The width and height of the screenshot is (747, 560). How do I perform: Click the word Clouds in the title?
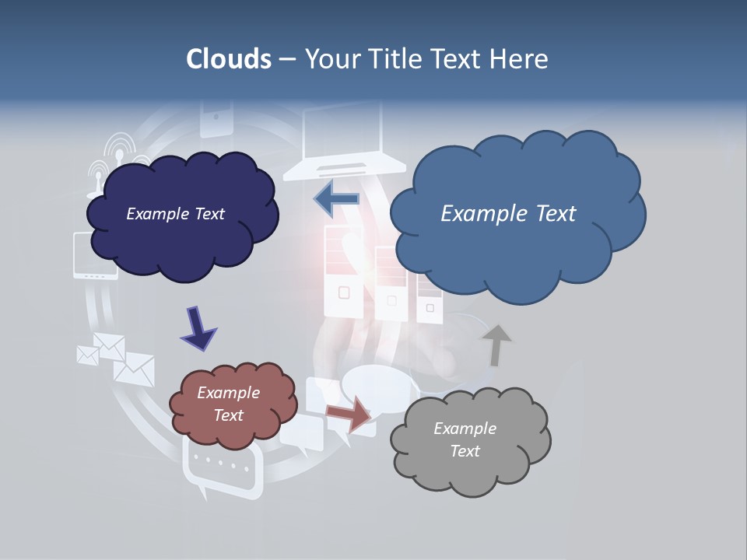(x=229, y=59)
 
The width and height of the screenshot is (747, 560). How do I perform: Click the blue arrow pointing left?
(x=336, y=199)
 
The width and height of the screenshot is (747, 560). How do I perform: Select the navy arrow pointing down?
(x=198, y=327)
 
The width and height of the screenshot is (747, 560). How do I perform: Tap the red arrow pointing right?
(x=349, y=414)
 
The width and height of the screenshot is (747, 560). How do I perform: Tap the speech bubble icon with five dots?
(x=221, y=466)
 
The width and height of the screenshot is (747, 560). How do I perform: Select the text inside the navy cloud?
(x=175, y=214)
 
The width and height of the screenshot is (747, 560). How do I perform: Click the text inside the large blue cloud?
(x=508, y=214)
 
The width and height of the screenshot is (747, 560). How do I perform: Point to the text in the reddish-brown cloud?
(x=228, y=404)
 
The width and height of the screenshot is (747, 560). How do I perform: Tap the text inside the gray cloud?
(x=465, y=439)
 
